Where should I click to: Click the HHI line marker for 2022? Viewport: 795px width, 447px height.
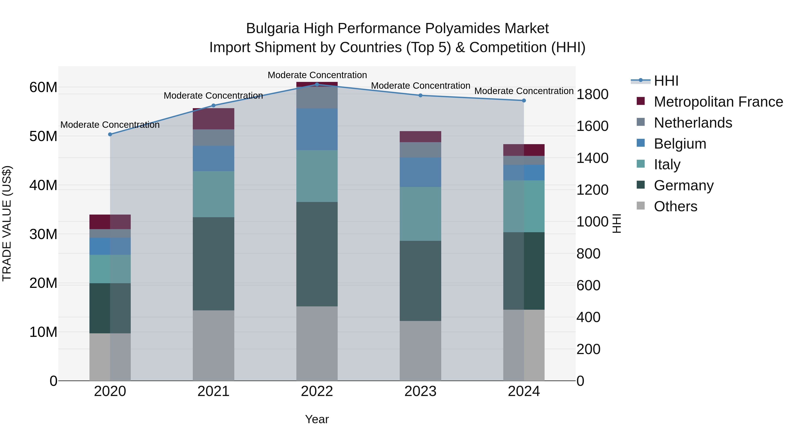point(317,84)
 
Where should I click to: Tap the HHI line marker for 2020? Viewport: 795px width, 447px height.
point(110,134)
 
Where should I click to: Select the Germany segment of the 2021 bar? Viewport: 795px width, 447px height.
point(213,264)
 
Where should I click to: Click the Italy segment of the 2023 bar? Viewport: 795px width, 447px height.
point(420,214)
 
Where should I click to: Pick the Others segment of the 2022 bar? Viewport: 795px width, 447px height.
point(317,343)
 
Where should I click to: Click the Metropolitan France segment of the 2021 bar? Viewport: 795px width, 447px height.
point(213,119)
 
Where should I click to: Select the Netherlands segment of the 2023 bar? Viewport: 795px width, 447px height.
point(420,150)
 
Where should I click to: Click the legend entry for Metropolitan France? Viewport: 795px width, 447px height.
point(718,102)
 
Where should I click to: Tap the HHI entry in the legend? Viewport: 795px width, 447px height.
point(666,81)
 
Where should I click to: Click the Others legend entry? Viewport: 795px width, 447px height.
point(675,206)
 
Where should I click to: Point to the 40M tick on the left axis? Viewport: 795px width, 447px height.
point(43,185)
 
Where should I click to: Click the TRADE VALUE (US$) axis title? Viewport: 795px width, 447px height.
point(7,223)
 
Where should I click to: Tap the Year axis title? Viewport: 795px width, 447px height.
point(317,419)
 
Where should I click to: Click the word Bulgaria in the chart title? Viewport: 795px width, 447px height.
point(273,28)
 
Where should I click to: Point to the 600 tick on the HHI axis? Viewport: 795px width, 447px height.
point(588,285)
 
